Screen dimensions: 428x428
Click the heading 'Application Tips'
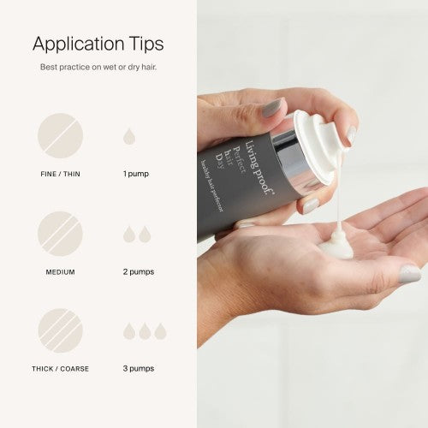tap(98, 44)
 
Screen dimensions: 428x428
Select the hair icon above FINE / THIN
tap(61, 135)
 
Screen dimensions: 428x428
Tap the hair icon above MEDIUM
tap(61, 234)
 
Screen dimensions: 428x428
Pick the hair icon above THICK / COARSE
tap(61, 330)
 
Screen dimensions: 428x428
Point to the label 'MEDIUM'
tap(61, 272)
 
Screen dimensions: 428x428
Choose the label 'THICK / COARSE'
tap(61, 369)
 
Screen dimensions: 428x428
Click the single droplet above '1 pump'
tap(128, 136)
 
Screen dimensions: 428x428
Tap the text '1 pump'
tap(135, 174)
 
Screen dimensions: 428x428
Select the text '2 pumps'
tap(139, 272)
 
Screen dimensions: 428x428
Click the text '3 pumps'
tap(139, 369)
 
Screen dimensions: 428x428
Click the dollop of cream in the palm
tap(336, 248)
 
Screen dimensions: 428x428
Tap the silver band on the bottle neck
tap(300, 167)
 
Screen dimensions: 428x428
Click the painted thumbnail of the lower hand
tap(409, 274)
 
